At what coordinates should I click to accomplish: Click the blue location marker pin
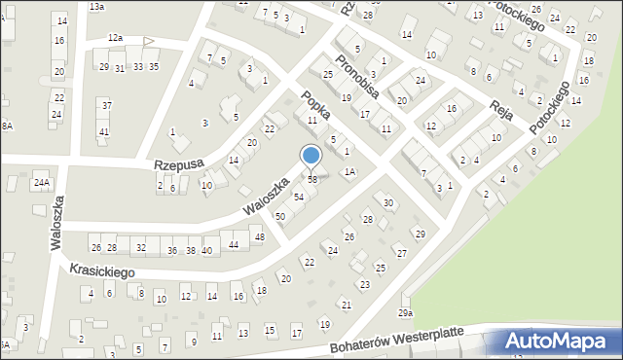311,156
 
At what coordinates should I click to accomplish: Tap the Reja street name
501,107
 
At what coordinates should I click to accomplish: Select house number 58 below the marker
312,180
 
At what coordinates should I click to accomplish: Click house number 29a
405,312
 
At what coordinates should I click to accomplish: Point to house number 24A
41,182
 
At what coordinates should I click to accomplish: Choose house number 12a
115,37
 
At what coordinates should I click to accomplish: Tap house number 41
103,131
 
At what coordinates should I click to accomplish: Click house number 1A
349,172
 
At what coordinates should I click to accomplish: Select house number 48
259,237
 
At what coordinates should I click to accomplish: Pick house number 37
106,105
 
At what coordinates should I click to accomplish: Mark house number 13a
96,6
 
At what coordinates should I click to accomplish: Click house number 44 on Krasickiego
234,244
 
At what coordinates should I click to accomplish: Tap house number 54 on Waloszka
299,198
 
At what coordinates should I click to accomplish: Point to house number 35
154,66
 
